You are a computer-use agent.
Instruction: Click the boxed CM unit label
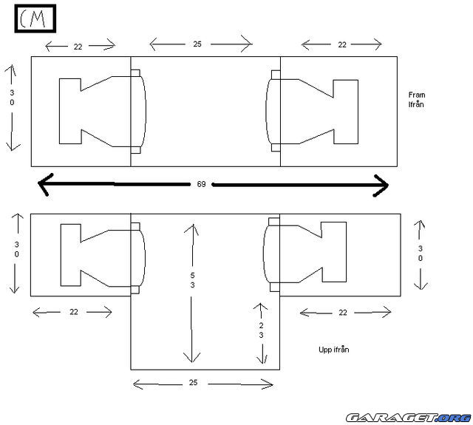35,18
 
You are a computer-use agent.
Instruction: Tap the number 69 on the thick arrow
201,184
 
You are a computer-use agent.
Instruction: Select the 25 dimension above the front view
197,44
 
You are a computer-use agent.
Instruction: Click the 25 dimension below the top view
193,382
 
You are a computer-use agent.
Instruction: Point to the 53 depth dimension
192,280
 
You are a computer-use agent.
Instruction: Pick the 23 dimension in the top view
261,330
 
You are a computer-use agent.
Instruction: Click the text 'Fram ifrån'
417,100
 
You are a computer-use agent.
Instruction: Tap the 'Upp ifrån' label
333,350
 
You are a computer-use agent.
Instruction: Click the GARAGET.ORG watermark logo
409,418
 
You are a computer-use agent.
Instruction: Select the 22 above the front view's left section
78,47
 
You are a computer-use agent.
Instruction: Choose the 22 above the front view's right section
341,44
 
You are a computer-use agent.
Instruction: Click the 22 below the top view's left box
74,312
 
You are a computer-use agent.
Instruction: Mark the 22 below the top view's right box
343,313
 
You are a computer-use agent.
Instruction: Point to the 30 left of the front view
12,98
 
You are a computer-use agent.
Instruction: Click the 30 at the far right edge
421,254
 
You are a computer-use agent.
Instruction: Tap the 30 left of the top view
16,249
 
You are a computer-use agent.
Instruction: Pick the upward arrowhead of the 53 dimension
192,229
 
